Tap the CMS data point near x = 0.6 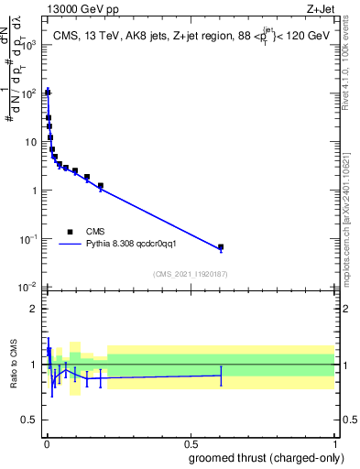tap(221, 247)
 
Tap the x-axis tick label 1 tap(334, 442)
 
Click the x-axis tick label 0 tap(46, 442)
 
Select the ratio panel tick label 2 tap(36, 309)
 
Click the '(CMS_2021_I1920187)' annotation tap(191, 273)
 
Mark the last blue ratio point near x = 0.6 tap(221, 375)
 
